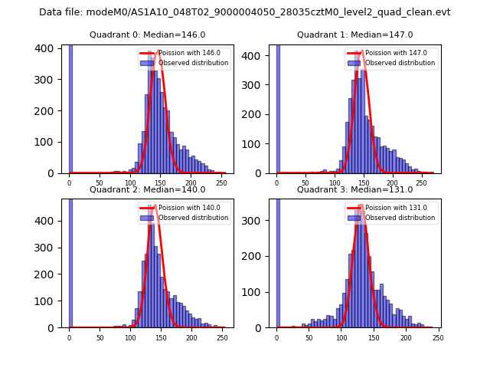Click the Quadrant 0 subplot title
pyautogui.click(x=148, y=34)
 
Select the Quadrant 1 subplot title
pyautogui.click(x=355, y=34)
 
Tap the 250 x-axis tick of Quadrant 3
pyautogui.click(x=438, y=337)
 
